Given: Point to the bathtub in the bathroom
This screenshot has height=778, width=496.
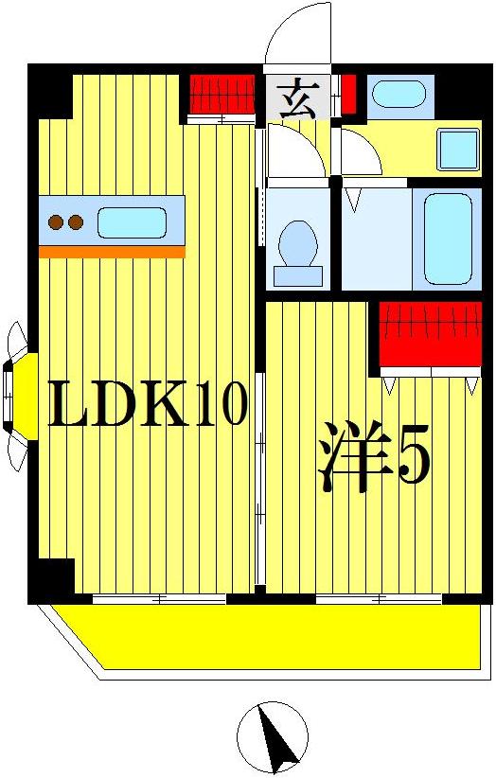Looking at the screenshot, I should (x=447, y=239).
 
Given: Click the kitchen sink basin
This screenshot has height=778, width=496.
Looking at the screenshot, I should (x=132, y=223).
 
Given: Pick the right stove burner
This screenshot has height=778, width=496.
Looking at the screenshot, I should (x=76, y=223).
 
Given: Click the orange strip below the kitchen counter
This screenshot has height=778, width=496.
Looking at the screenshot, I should (x=112, y=252).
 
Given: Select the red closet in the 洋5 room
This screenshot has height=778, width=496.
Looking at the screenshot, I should (x=431, y=333).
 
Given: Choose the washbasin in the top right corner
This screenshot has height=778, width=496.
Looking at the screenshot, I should (x=398, y=95).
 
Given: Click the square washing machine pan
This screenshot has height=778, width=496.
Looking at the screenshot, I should (x=458, y=149).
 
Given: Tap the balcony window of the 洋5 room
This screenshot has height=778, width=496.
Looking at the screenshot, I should (x=379, y=599).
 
